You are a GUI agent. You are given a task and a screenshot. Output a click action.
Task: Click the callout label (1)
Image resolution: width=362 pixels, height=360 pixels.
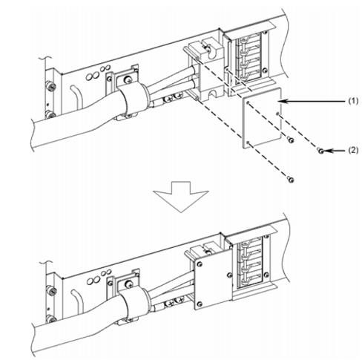[x=353, y=101]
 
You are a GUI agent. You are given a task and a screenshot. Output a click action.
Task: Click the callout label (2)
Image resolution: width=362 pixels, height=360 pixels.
[x=353, y=150]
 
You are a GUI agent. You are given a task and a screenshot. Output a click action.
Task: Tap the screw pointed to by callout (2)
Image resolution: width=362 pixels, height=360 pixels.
[x=320, y=151]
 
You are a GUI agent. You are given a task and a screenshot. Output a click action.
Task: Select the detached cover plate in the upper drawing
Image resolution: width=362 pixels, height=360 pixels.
[x=262, y=118]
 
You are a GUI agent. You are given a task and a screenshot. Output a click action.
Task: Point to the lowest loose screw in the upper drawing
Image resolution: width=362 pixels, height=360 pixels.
[x=291, y=180]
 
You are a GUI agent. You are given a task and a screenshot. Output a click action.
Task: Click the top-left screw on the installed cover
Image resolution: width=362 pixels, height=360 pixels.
[x=199, y=264]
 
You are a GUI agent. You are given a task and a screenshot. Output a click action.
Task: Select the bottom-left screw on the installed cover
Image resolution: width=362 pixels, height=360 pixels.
[x=200, y=304]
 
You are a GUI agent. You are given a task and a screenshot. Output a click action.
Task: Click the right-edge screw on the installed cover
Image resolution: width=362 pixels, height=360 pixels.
[x=229, y=275]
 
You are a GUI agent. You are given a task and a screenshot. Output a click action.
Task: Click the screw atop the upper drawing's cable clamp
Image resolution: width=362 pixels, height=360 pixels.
[x=128, y=79]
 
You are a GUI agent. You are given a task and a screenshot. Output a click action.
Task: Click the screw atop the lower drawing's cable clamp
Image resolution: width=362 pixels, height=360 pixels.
[x=128, y=284]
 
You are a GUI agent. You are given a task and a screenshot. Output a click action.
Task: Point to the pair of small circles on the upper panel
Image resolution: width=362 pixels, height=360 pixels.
[x=105, y=68]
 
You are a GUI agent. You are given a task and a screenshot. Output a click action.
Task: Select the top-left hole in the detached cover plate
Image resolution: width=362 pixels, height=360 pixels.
[x=248, y=102]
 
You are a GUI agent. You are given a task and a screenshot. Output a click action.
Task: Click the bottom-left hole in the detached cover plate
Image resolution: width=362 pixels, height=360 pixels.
[x=248, y=143]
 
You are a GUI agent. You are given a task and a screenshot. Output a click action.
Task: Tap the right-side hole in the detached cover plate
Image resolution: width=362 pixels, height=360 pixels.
[x=277, y=114]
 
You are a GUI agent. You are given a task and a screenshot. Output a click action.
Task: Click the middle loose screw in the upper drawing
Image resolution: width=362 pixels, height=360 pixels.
[x=291, y=140]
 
